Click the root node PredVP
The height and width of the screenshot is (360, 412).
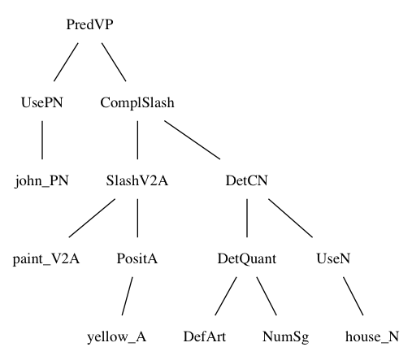pos(89,24)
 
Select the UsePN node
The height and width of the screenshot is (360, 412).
pos(42,102)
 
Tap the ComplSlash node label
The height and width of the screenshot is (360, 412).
pos(137,103)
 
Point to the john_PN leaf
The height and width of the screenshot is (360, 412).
pos(42,181)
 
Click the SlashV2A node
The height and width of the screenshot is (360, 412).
pos(137,180)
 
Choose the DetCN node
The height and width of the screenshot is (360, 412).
pos(247,180)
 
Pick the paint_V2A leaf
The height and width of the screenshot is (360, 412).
pos(46,259)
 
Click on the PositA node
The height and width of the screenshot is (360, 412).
pos(137,258)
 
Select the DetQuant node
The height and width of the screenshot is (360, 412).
pos(247,259)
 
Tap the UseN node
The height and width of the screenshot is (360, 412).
pos(333,258)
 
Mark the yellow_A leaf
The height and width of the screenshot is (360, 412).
pos(117,337)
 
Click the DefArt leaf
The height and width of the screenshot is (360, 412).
pos(205,336)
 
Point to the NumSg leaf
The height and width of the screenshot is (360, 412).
pos(286,337)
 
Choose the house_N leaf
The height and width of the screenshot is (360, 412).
pos(372,337)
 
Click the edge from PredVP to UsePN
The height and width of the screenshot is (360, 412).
pos(66,62)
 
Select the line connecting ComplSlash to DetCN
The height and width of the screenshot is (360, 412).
pos(193,140)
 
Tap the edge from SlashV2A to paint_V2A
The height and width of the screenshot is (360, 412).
pos(92,218)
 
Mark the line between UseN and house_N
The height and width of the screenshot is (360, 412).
pos(353,296)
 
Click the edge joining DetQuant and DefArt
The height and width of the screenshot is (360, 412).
pos(226,296)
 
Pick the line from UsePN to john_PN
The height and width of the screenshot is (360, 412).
pos(42,140)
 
